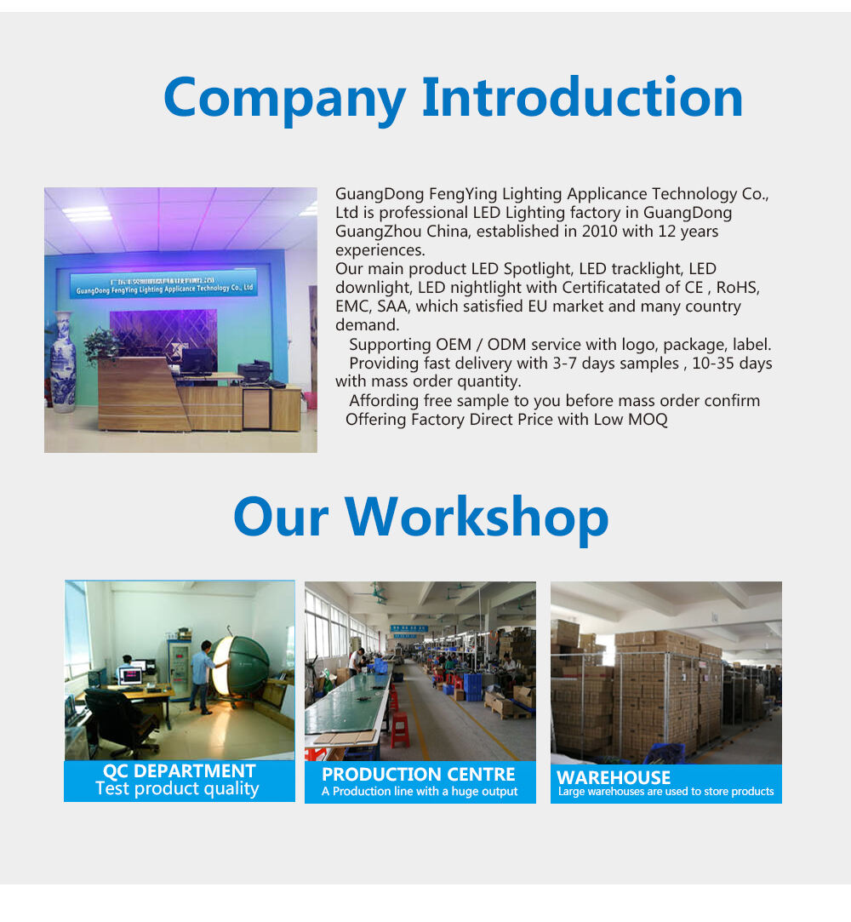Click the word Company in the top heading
[285, 99]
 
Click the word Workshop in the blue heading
[476, 518]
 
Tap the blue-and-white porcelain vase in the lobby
[64, 362]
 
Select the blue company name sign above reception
[164, 285]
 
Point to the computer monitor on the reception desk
[197, 361]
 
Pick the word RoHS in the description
[738, 288]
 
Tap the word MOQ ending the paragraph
[648, 419]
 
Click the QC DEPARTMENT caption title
[180, 770]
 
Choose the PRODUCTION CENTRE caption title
[419, 775]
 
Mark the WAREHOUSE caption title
[614, 777]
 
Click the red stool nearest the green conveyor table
[400, 730]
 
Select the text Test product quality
[177, 788]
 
